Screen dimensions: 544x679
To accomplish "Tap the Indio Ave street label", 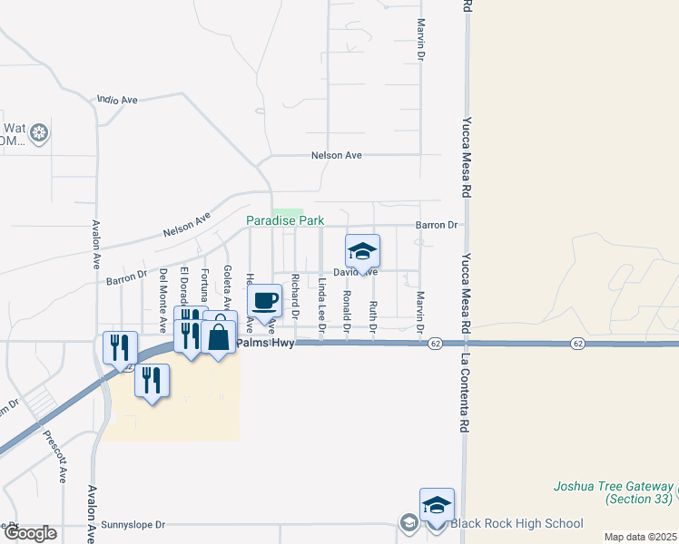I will pyautogui.click(x=116, y=99).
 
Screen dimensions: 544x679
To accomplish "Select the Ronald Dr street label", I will pyautogui.click(x=347, y=306).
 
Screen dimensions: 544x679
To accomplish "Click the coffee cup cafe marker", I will pyautogui.click(x=264, y=301).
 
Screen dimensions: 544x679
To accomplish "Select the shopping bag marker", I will pyautogui.click(x=219, y=336).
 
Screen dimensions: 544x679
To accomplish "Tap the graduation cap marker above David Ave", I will pyautogui.click(x=362, y=251).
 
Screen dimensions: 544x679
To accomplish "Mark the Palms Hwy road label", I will pyautogui.click(x=266, y=344).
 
